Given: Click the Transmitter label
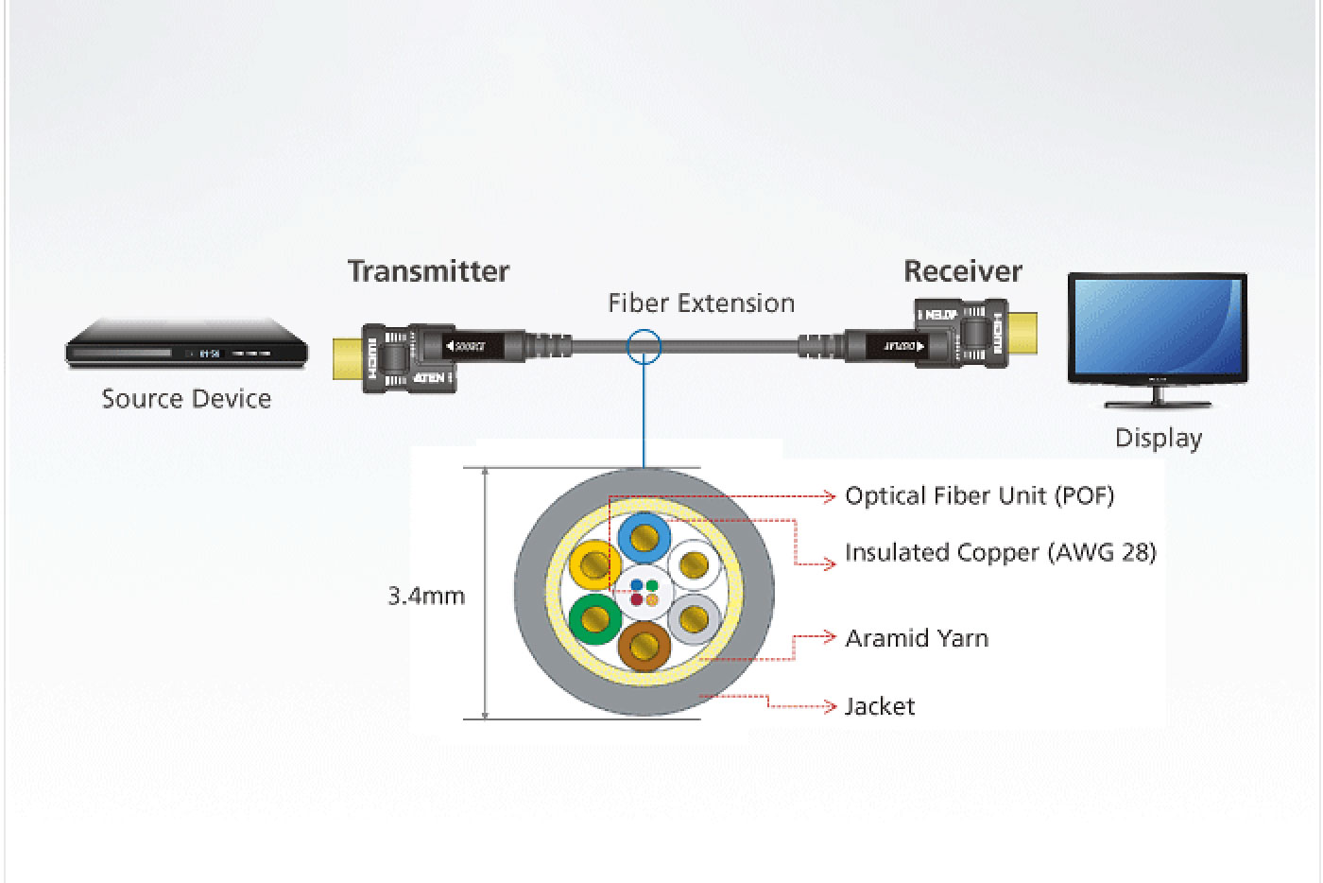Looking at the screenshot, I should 428,271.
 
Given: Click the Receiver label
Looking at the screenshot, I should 962,271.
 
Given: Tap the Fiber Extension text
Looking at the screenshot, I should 701,303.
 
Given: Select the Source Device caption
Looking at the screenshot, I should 186,399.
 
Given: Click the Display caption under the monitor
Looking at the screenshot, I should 1158,439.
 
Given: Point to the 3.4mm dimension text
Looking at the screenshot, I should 426,597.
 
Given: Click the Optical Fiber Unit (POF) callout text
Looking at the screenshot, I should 979,495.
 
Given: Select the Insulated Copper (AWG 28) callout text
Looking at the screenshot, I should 1000,552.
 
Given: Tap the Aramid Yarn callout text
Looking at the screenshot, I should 916,638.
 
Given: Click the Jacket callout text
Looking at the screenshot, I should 879,706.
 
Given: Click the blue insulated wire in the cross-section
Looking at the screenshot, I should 644,539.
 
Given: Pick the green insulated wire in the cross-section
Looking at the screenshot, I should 595,619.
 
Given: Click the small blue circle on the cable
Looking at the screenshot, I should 644,346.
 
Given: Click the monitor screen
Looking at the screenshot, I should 1158,328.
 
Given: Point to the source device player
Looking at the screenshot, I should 186,348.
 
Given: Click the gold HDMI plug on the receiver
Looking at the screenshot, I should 1023,333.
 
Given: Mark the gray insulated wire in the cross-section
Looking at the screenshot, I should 695,619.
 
